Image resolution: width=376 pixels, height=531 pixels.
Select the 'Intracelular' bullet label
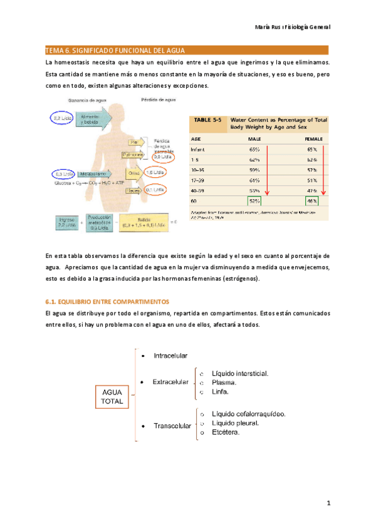point(170,356)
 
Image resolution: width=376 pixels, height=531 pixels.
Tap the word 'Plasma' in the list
point(224,382)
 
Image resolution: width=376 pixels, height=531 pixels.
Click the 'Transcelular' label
point(172,426)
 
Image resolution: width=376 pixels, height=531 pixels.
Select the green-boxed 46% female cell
point(311,201)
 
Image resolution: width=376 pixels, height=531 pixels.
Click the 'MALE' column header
point(254,138)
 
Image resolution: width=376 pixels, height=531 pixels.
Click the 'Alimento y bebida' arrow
point(89,119)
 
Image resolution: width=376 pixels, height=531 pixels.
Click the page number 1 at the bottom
point(328,502)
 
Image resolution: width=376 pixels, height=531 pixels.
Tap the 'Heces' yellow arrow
point(132,190)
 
